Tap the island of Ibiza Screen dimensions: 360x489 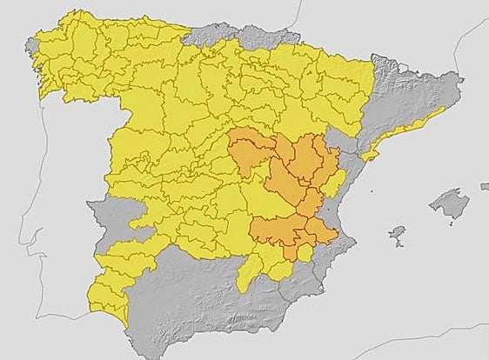[x=397, y=234]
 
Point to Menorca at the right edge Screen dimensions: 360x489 [x=485, y=185]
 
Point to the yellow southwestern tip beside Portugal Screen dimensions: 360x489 [x=109, y=296]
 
